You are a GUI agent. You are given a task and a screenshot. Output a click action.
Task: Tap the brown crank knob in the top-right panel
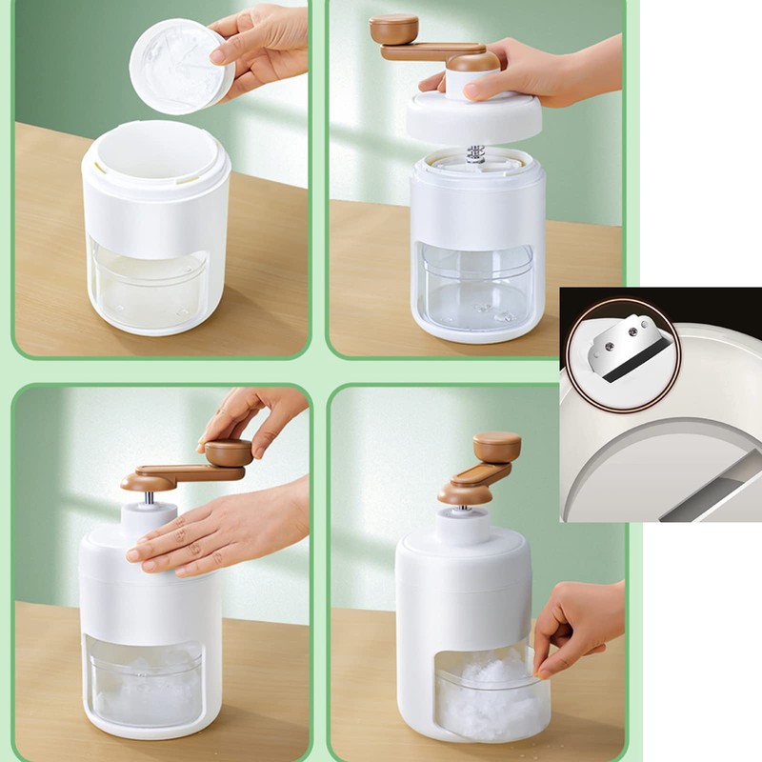pyautogui.click(x=393, y=29)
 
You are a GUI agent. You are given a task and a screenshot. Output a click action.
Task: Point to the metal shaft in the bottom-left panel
pyautogui.click(x=150, y=496)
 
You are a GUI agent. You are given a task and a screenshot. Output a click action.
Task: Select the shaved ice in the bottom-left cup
pyautogui.click(x=148, y=681)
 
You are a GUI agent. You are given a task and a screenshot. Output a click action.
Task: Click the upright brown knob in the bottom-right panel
pyautogui.click(x=497, y=446)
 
